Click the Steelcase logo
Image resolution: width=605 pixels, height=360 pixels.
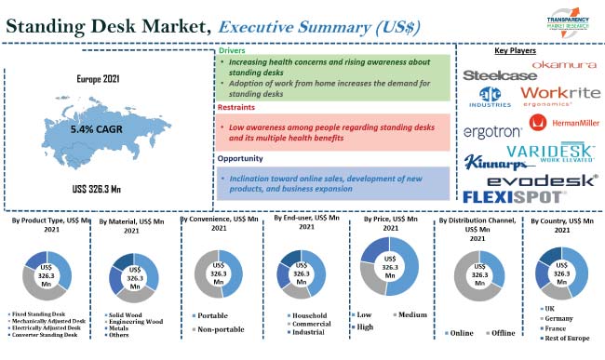pyautogui.click(x=499, y=73)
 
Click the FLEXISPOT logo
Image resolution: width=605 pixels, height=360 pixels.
pyautogui.click(x=513, y=196)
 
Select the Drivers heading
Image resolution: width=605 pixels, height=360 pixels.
pyautogui.click(x=232, y=50)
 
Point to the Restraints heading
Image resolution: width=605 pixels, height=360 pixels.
pyautogui.click(x=238, y=108)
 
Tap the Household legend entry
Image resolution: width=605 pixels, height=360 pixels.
pyautogui.click(x=307, y=314)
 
